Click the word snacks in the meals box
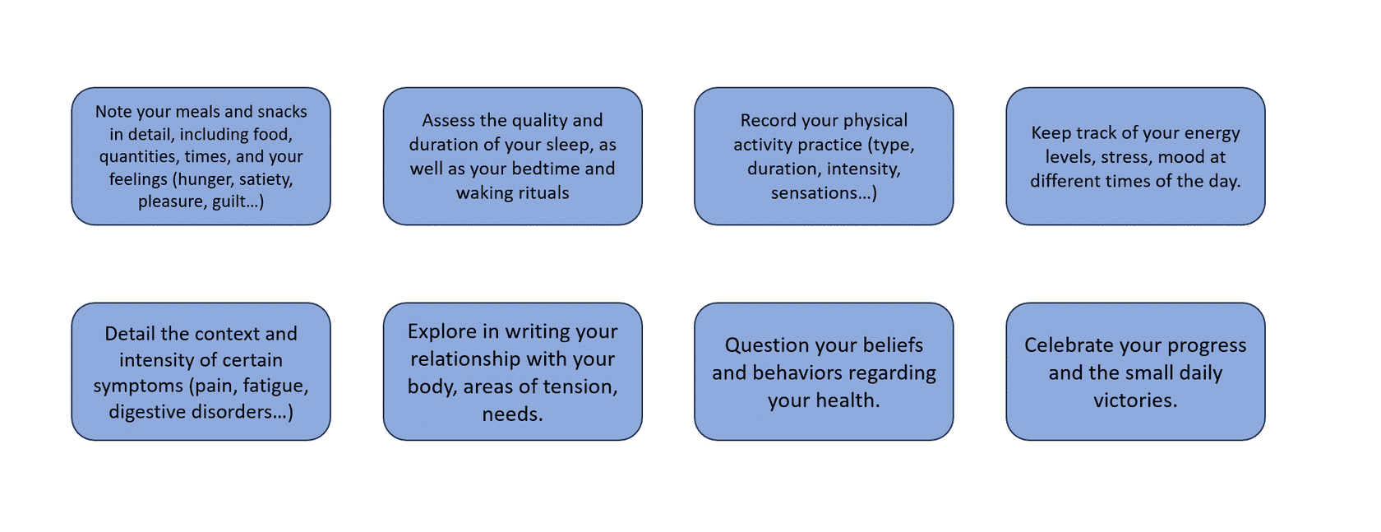282,112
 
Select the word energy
1212,134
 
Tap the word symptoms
138,386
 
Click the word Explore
442,332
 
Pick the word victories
1136,400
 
